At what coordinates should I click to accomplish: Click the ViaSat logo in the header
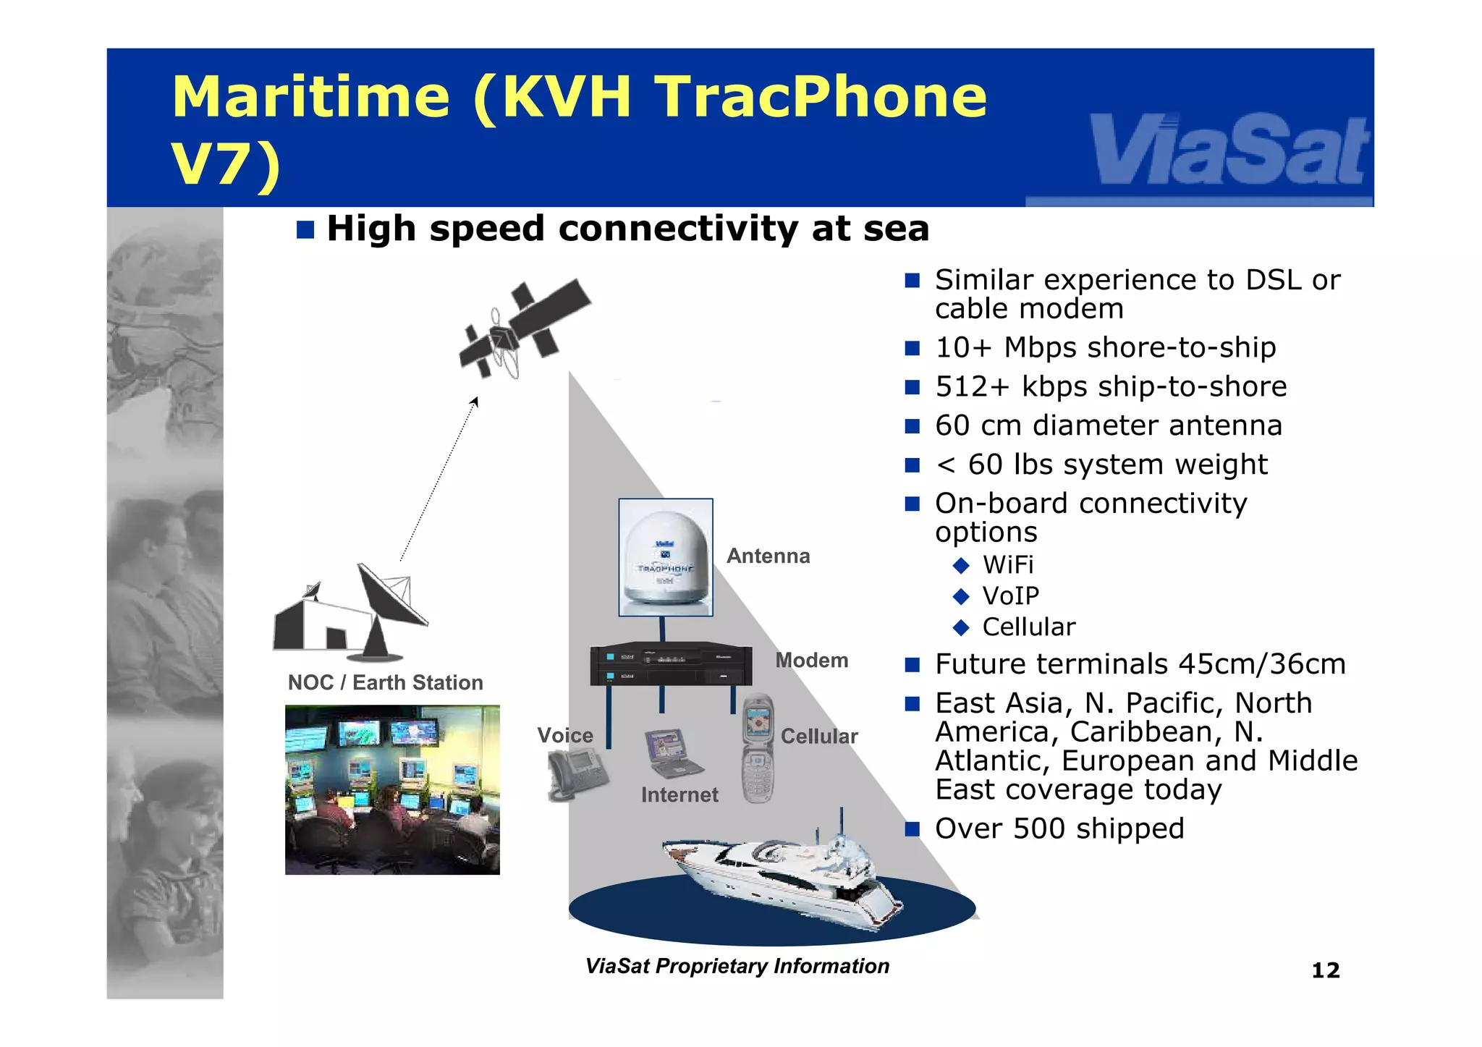[x=1229, y=152]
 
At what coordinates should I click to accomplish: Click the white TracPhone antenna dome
[x=665, y=557]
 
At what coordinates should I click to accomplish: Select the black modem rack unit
[x=671, y=664]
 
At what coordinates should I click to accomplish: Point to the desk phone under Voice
[x=576, y=774]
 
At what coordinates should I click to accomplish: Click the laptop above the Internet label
[x=671, y=753]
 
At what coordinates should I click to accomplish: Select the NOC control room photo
[x=392, y=789]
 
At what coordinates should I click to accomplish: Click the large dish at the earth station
[x=391, y=595]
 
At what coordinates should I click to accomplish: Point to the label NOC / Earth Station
[x=385, y=682]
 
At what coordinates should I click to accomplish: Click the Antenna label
[x=768, y=556]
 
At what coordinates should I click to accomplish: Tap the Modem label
[x=811, y=660]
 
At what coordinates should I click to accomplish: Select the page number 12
[x=1325, y=970]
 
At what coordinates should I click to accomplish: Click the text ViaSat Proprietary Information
[x=737, y=966]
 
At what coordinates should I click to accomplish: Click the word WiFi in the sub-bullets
[x=1007, y=564]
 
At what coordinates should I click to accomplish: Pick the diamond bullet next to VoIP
[x=961, y=596]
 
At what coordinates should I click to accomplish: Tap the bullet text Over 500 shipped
[x=1059, y=828]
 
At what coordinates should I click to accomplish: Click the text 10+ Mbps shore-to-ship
[x=1105, y=347]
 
